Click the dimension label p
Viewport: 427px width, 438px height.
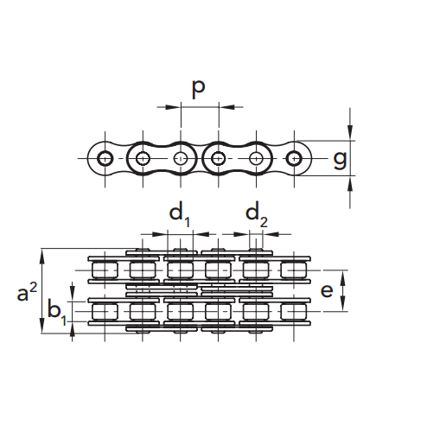tap(199, 88)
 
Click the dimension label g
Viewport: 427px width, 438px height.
tap(340, 160)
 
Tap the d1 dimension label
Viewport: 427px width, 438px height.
tap(180, 214)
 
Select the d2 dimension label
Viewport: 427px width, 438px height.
tap(257, 214)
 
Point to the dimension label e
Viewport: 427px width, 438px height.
tap(327, 290)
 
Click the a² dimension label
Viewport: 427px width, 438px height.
tap(27, 292)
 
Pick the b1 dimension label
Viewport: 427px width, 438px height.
tap(57, 312)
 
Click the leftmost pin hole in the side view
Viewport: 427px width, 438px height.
tap(105, 158)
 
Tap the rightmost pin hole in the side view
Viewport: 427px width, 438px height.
tap(294, 158)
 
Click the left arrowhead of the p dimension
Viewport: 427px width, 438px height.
tap(174, 107)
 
